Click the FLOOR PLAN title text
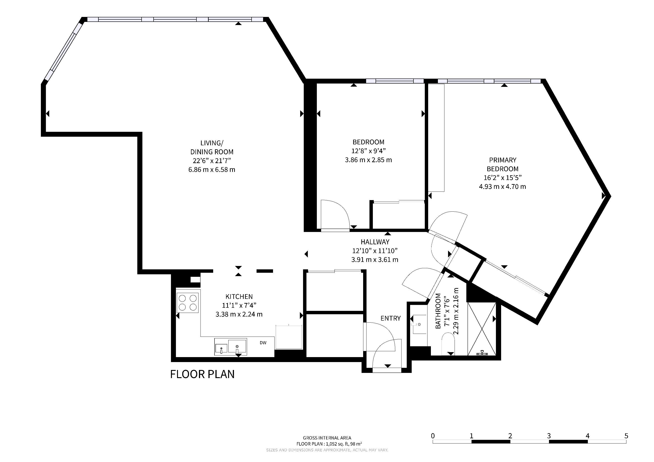tap(202, 374)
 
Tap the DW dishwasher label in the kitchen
tap(263, 343)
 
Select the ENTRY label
tap(390, 318)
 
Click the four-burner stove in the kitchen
tap(187, 303)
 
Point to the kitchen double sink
tap(231, 347)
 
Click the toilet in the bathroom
tap(448, 344)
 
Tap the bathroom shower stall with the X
tap(482, 329)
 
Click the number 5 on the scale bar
tap(626, 436)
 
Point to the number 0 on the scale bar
tap(433, 436)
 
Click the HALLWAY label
tap(375, 242)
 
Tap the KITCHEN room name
tap(239, 296)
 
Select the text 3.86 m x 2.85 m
tap(368, 160)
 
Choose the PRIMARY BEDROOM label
tap(502, 164)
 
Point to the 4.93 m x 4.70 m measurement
tap(502, 187)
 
